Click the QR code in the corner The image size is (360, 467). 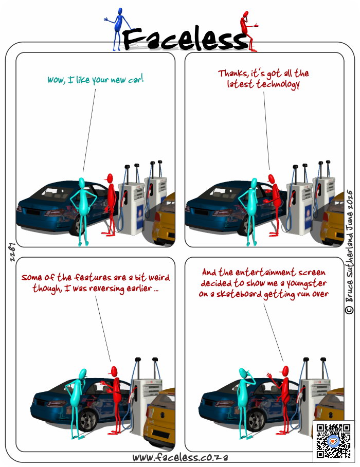click(x=333, y=441)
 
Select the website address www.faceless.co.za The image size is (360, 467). click(x=181, y=457)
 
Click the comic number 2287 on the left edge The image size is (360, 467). click(x=12, y=252)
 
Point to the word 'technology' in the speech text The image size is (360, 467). click(x=278, y=84)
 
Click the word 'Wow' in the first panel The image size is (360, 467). click(x=56, y=80)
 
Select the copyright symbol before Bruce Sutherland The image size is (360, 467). click(x=350, y=310)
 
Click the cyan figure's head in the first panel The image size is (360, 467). click(x=82, y=182)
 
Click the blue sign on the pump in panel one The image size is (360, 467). click(x=140, y=217)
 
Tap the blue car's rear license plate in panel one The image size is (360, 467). click(x=33, y=212)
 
